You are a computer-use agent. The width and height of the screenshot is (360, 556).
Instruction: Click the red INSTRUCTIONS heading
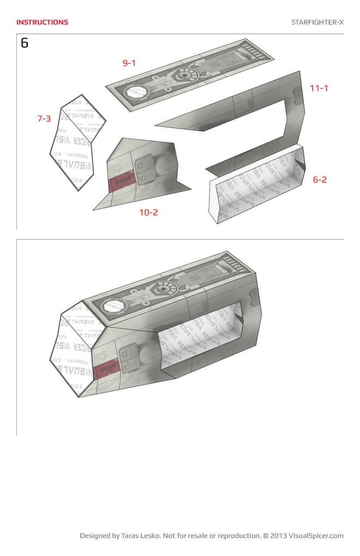tap(42, 22)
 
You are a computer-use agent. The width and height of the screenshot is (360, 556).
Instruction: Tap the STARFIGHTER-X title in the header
tap(317, 22)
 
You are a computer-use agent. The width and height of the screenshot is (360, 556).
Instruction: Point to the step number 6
tap(25, 43)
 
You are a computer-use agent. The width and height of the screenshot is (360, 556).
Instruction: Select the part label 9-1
tap(129, 63)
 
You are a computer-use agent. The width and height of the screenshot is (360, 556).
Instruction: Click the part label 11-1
tap(319, 88)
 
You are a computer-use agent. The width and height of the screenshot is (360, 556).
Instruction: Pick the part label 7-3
tap(44, 118)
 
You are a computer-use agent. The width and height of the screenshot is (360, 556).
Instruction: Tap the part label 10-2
tap(148, 212)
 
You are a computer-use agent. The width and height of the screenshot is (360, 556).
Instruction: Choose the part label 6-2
tap(320, 179)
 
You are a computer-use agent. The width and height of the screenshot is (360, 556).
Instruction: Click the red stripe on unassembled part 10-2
tap(121, 182)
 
